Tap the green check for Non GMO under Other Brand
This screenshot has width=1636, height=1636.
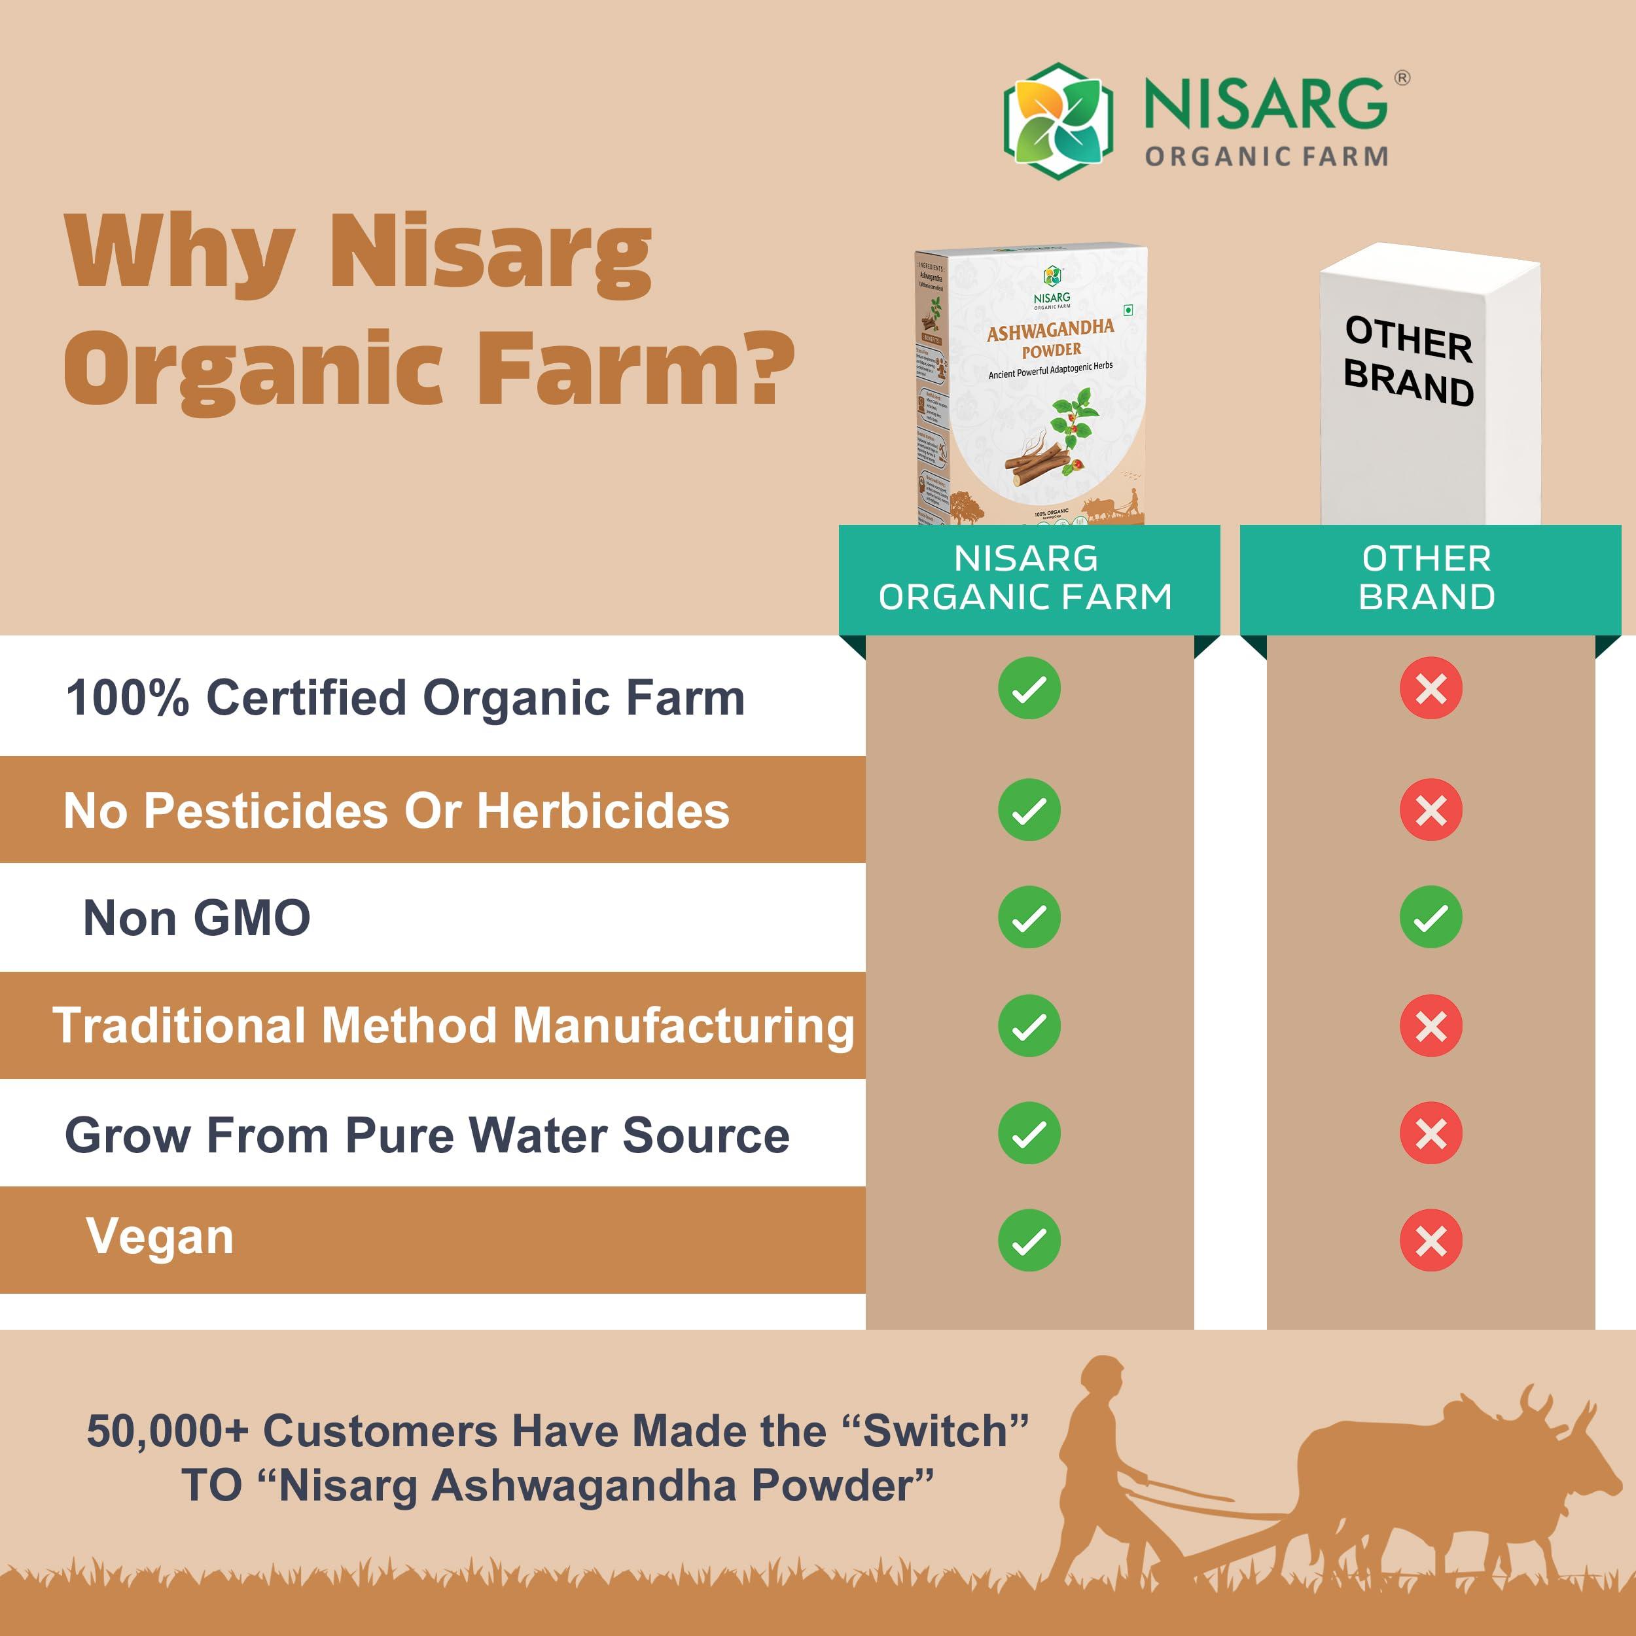[1431, 917]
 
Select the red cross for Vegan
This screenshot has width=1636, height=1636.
[1431, 1241]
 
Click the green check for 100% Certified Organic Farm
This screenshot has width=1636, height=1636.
[1029, 688]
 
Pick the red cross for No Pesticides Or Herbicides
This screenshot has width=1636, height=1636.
[1431, 809]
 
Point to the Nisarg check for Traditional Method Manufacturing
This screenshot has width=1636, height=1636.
[1029, 1025]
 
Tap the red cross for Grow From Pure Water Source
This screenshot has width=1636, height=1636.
[1431, 1133]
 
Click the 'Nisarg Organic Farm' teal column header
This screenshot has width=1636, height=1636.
[1028, 578]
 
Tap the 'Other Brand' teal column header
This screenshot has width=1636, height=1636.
[1429, 578]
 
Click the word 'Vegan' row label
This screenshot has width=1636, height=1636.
[160, 1236]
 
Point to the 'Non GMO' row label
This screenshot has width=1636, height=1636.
[196, 918]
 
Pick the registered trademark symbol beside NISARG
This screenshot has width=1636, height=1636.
[1402, 79]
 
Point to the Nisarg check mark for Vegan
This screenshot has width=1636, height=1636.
[1029, 1241]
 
